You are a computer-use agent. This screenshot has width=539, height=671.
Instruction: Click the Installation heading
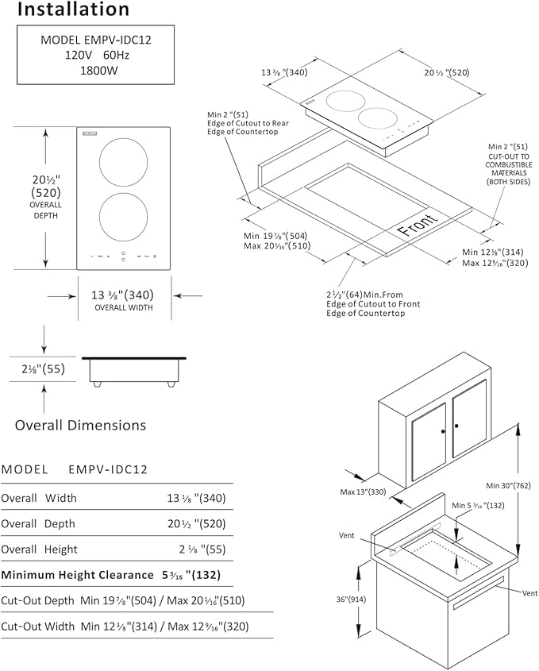pos(73,10)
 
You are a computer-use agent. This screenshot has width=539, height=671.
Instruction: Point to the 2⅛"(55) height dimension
pos(41,369)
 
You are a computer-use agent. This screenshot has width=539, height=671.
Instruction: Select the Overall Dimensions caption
pos(80,425)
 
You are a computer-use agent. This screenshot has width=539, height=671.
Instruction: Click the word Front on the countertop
pos(418,226)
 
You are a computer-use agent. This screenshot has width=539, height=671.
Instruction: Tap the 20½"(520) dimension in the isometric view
pos(445,72)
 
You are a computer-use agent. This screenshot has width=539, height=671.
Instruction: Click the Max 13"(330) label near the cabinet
pos(364,492)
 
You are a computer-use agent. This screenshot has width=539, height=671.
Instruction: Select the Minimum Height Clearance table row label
pos(78,574)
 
